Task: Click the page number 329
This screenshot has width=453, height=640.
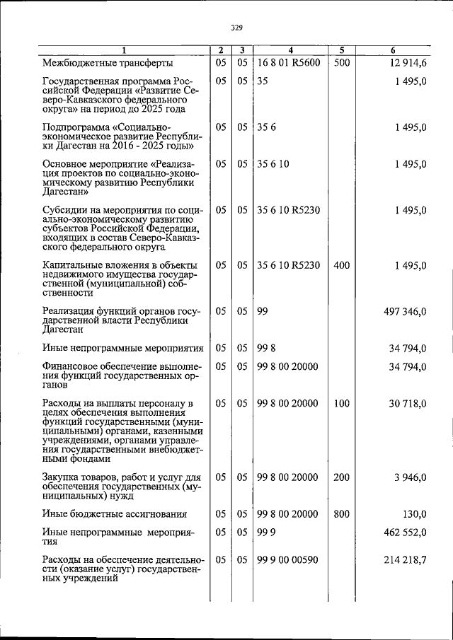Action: (236, 28)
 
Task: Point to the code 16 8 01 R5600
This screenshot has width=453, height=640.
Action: (289, 62)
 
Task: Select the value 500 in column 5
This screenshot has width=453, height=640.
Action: (342, 62)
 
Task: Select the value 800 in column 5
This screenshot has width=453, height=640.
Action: (342, 514)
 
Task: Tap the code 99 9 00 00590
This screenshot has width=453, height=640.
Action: (287, 560)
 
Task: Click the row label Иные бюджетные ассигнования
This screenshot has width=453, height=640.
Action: (114, 514)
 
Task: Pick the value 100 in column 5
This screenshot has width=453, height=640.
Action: (342, 403)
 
